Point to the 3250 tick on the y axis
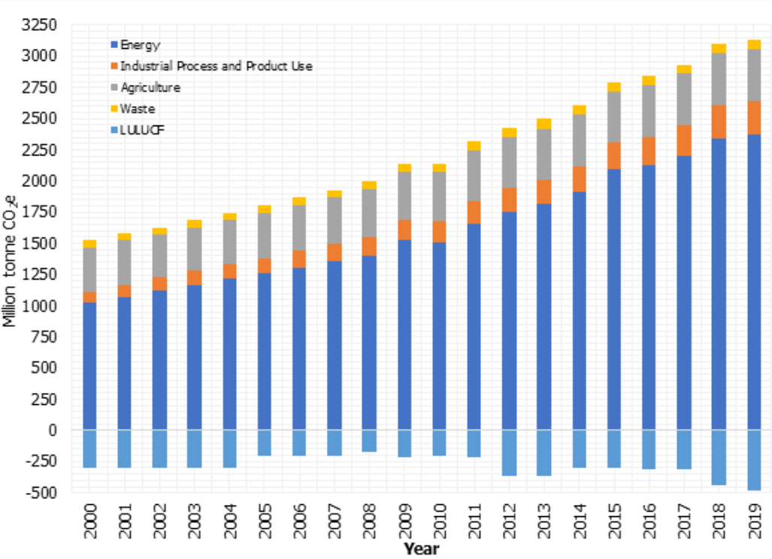(x=41, y=25)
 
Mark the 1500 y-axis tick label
(x=41, y=243)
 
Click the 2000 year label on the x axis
(x=90, y=520)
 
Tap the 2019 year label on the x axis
(x=755, y=520)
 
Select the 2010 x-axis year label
(x=440, y=520)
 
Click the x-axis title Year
(x=421, y=549)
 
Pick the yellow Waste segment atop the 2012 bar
(x=510, y=132)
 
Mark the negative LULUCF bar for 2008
(x=370, y=441)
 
